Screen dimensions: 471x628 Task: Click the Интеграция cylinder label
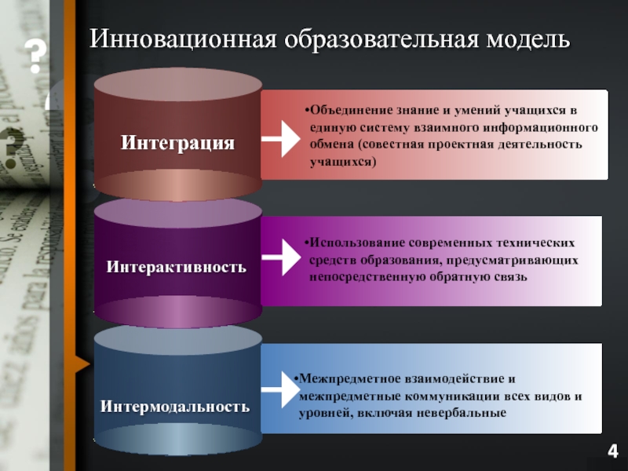click(177, 143)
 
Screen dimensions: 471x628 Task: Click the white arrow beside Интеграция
click(280, 141)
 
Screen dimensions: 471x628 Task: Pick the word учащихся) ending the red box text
click(342, 162)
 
